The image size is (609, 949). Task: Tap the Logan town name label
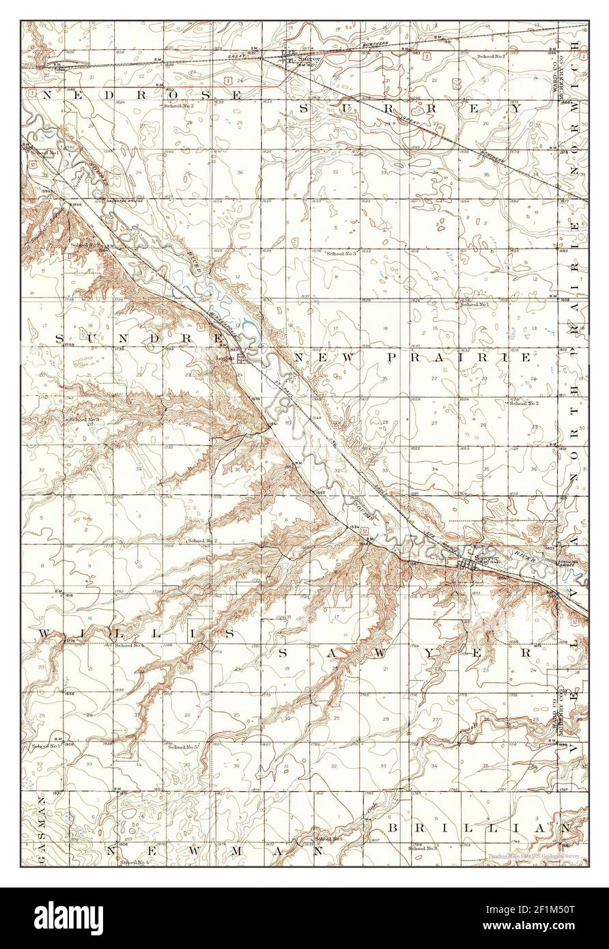pyautogui.click(x=225, y=356)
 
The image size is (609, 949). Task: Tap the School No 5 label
pyautogui.click(x=183, y=748)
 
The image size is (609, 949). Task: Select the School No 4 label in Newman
pyautogui.click(x=133, y=864)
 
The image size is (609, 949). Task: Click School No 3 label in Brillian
pyautogui.click(x=422, y=847)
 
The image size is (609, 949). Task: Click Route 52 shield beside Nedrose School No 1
pyautogui.click(x=33, y=165)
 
